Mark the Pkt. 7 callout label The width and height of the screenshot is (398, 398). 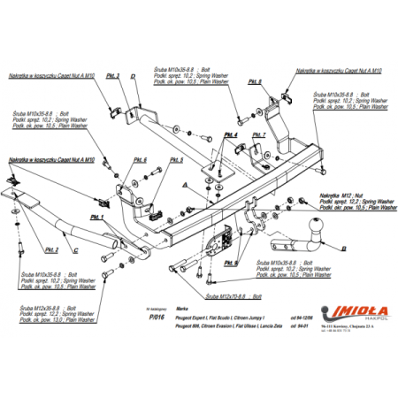[258, 135]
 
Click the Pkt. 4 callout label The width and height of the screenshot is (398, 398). [230, 135]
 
